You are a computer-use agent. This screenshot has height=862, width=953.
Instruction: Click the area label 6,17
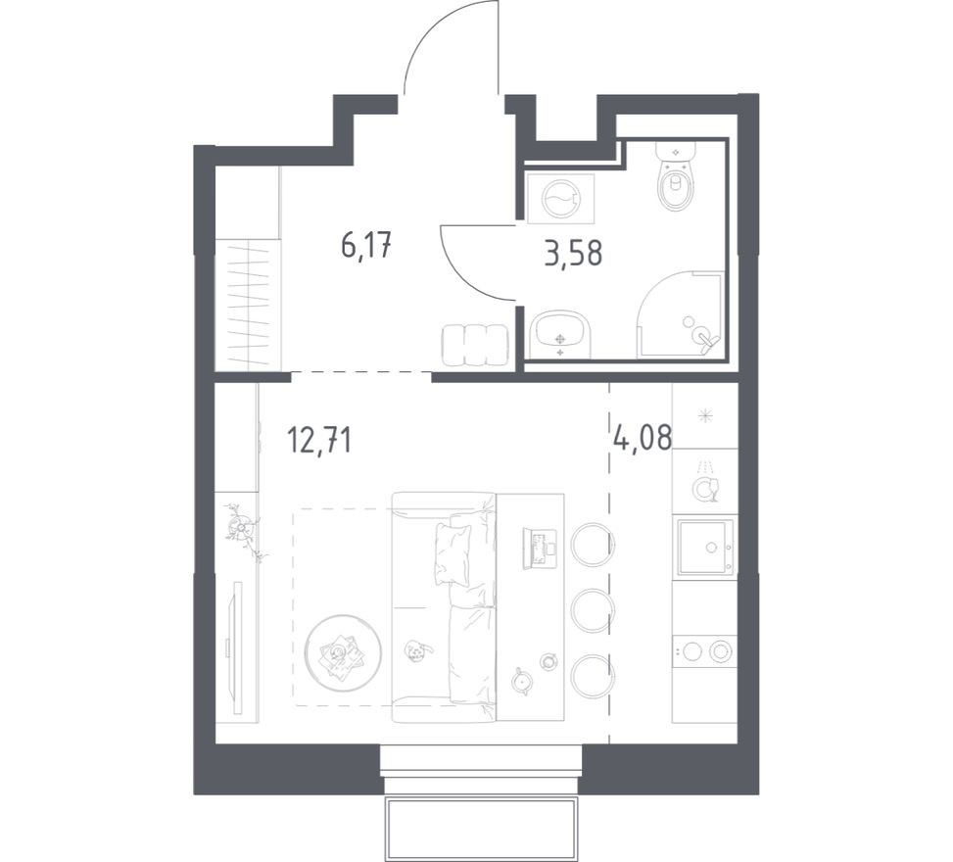click(x=366, y=244)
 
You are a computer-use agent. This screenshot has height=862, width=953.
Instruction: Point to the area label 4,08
click(x=643, y=436)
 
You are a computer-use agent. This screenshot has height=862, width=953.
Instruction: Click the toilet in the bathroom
click(x=675, y=181)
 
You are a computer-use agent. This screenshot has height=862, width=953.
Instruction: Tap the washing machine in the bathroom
click(x=560, y=199)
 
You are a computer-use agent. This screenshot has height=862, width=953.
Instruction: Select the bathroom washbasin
click(x=560, y=336)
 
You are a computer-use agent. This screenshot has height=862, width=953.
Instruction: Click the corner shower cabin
click(x=683, y=316)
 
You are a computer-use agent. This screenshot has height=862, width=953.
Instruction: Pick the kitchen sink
click(x=703, y=546)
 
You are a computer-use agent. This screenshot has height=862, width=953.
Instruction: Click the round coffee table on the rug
click(x=342, y=651)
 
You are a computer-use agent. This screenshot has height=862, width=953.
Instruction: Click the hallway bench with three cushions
click(x=475, y=345)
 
